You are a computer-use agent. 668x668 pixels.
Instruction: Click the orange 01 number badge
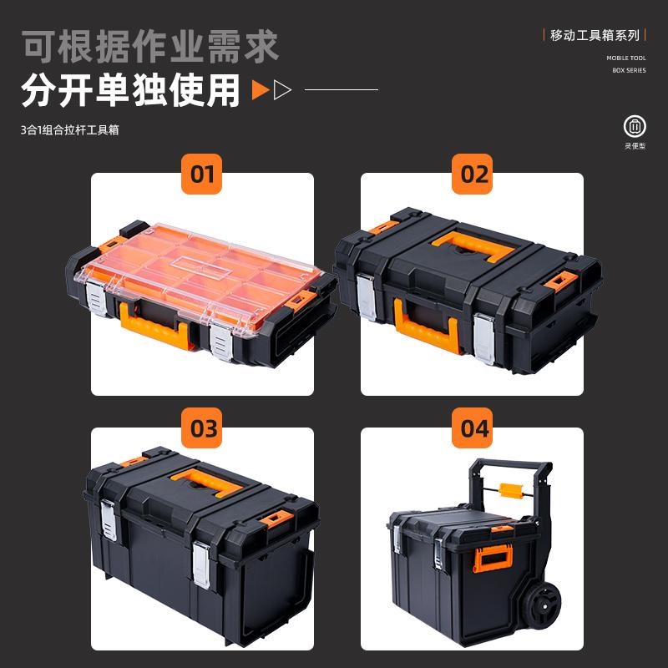(202, 175)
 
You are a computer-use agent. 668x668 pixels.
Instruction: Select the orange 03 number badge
(204, 429)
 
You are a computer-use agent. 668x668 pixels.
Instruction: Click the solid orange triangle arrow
(261, 90)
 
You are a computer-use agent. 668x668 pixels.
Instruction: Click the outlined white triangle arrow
(283, 90)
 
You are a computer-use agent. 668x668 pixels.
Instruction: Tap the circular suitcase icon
(635, 127)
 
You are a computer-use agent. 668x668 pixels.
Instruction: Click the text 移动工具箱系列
(595, 35)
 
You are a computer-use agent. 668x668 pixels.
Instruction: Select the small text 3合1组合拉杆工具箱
(69, 130)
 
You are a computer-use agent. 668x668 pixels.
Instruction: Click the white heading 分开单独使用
(131, 90)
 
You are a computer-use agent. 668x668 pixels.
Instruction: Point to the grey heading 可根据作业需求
(150, 45)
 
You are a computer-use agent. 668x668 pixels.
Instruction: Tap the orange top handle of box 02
(471, 243)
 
